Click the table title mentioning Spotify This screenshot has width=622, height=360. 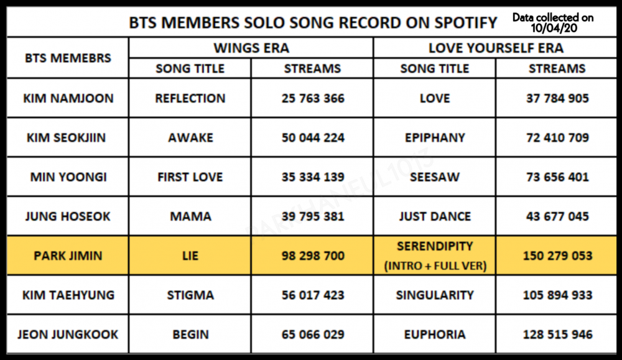pos(313,22)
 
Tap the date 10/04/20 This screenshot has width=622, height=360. pos(554,28)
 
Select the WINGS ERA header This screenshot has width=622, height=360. pos(251,48)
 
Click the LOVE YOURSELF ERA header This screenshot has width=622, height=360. pos(496,48)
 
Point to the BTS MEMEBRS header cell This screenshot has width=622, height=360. pos(68,58)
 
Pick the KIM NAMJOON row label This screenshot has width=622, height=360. pos(68,98)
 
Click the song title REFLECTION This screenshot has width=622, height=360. pos(190,98)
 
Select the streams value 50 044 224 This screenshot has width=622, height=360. pos(313,137)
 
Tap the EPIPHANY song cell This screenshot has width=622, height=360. pos(435,137)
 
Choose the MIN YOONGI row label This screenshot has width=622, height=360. pos(68,177)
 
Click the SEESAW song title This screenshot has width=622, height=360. pos(435,177)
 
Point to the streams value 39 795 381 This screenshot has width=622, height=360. pos(313,216)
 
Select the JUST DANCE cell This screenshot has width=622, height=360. pos(435,216)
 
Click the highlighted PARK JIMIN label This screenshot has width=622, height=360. pos(68,256)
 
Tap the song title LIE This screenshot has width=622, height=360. pos(190,256)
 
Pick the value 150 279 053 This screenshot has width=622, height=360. pos(557,256)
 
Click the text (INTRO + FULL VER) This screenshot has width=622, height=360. pos(435,265)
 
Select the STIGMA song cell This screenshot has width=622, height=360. pos(190,295)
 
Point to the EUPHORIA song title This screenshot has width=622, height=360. pos(435,335)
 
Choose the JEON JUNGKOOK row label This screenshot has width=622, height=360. pos(68,335)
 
